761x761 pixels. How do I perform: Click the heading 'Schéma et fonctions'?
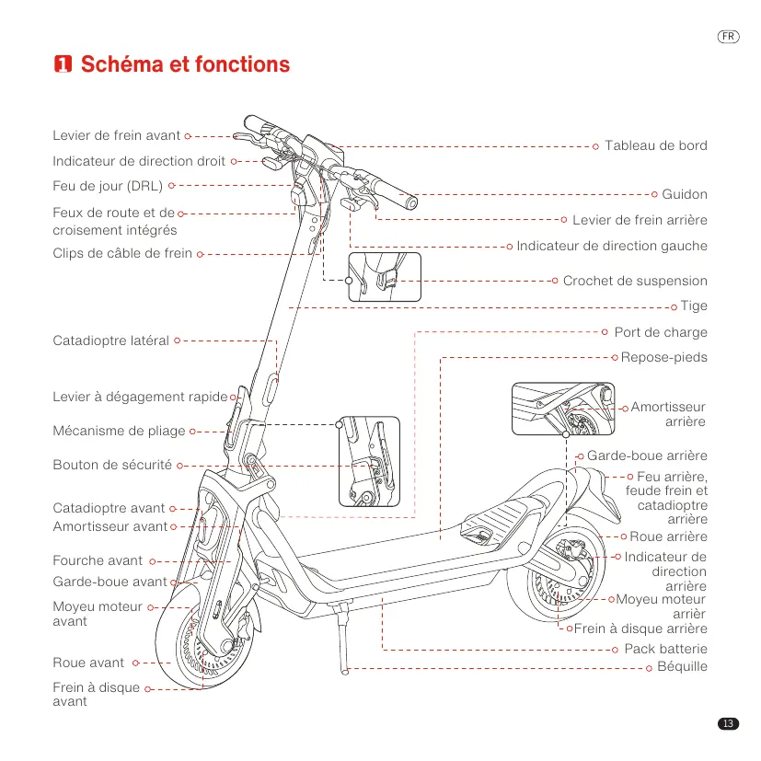pos(185,64)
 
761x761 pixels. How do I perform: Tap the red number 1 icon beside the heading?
pos(63,64)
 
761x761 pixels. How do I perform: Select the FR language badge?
pos(728,37)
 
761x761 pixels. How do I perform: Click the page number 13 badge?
pos(728,723)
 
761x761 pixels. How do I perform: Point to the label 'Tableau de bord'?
pos(656,145)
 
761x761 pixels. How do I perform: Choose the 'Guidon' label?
pos(685,194)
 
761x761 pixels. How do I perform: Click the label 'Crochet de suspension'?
pos(635,281)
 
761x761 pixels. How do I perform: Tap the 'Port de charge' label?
pos(661,332)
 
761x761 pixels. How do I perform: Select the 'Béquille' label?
pos(682,666)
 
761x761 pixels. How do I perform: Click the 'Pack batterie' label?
pos(665,649)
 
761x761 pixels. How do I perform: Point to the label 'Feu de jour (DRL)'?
pos(108,186)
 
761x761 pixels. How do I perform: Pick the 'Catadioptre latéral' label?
pos(110,340)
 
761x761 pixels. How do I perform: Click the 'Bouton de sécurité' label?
pos(112,465)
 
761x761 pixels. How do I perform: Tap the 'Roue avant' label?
pos(88,663)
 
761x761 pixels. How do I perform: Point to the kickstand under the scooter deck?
pos(342,639)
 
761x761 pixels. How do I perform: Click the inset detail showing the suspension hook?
pos(385,277)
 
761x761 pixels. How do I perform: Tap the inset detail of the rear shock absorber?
pos(563,409)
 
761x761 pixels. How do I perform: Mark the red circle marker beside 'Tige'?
pos(674,307)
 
